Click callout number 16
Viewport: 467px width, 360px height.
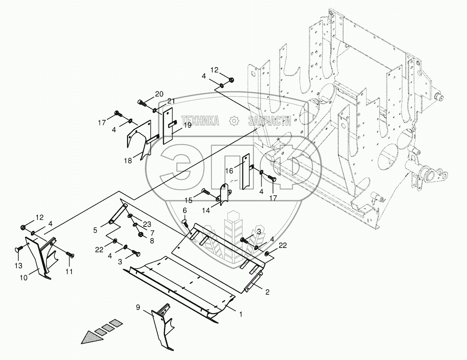[229, 170]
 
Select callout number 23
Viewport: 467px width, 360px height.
[146, 224]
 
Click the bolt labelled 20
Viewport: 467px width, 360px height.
[142, 103]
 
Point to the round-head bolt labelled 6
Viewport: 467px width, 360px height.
[186, 223]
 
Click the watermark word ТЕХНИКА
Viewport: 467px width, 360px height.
[200, 121]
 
